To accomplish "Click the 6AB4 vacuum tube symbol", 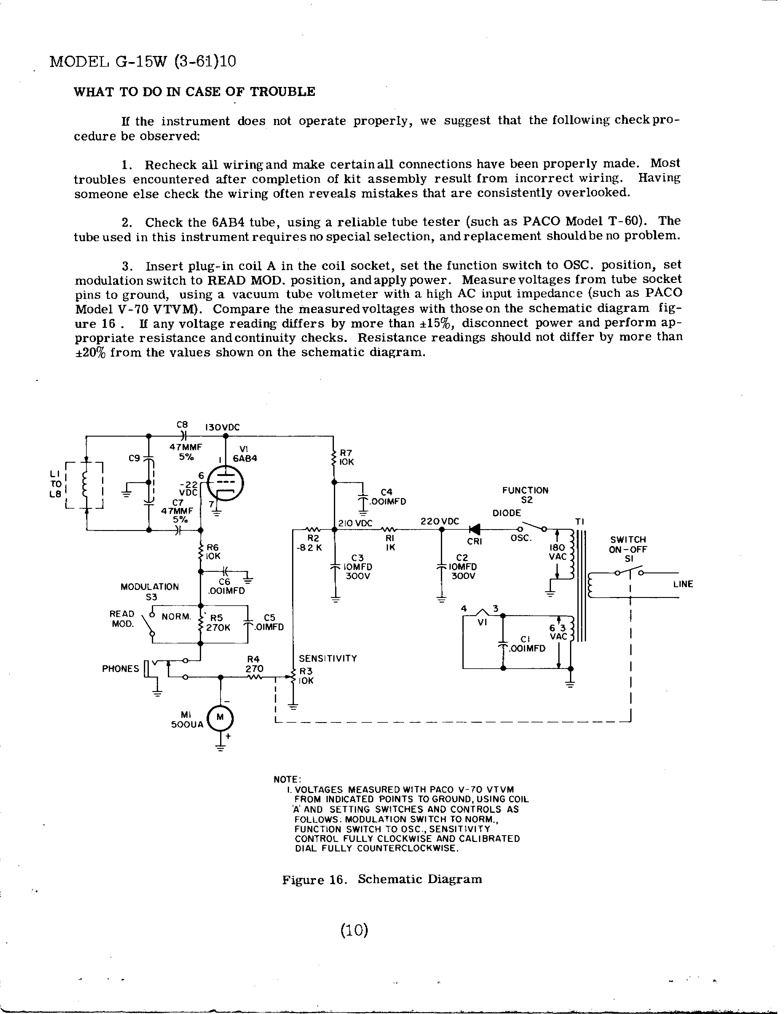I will pyautogui.click(x=225, y=483).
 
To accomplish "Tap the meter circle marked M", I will pyautogui.click(x=220, y=717).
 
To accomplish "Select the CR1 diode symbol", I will pyautogui.click(x=475, y=529).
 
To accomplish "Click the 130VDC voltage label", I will pyautogui.click(x=223, y=427).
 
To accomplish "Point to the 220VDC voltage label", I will pyautogui.click(x=439, y=521).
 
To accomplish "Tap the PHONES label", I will pyautogui.click(x=120, y=669).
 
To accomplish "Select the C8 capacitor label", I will pyautogui.click(x=182, y=424).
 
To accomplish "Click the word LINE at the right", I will pyautogui.click(x=683, y=584).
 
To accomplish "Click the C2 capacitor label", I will pyautogui.click(x=462, y=557).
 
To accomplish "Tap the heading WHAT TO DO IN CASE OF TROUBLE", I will pyautogui.click(x=194, y=92).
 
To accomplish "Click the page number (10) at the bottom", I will pyautogui.click(x=354, y=930).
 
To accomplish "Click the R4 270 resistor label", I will pyautogui.click(x=254, y=664).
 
